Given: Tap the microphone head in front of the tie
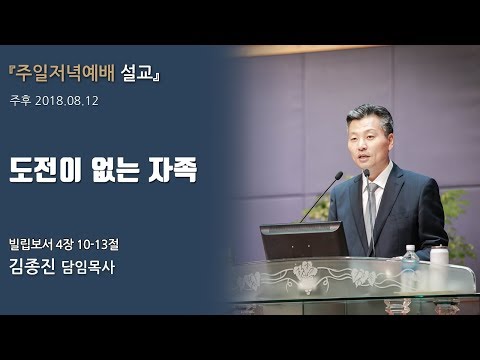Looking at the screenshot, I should pos(366,174).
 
